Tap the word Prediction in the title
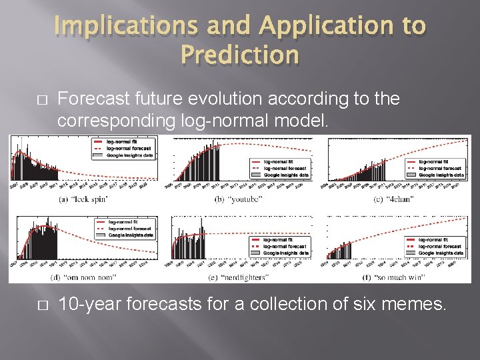click(239, 55)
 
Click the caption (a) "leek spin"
click(83, 199)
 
